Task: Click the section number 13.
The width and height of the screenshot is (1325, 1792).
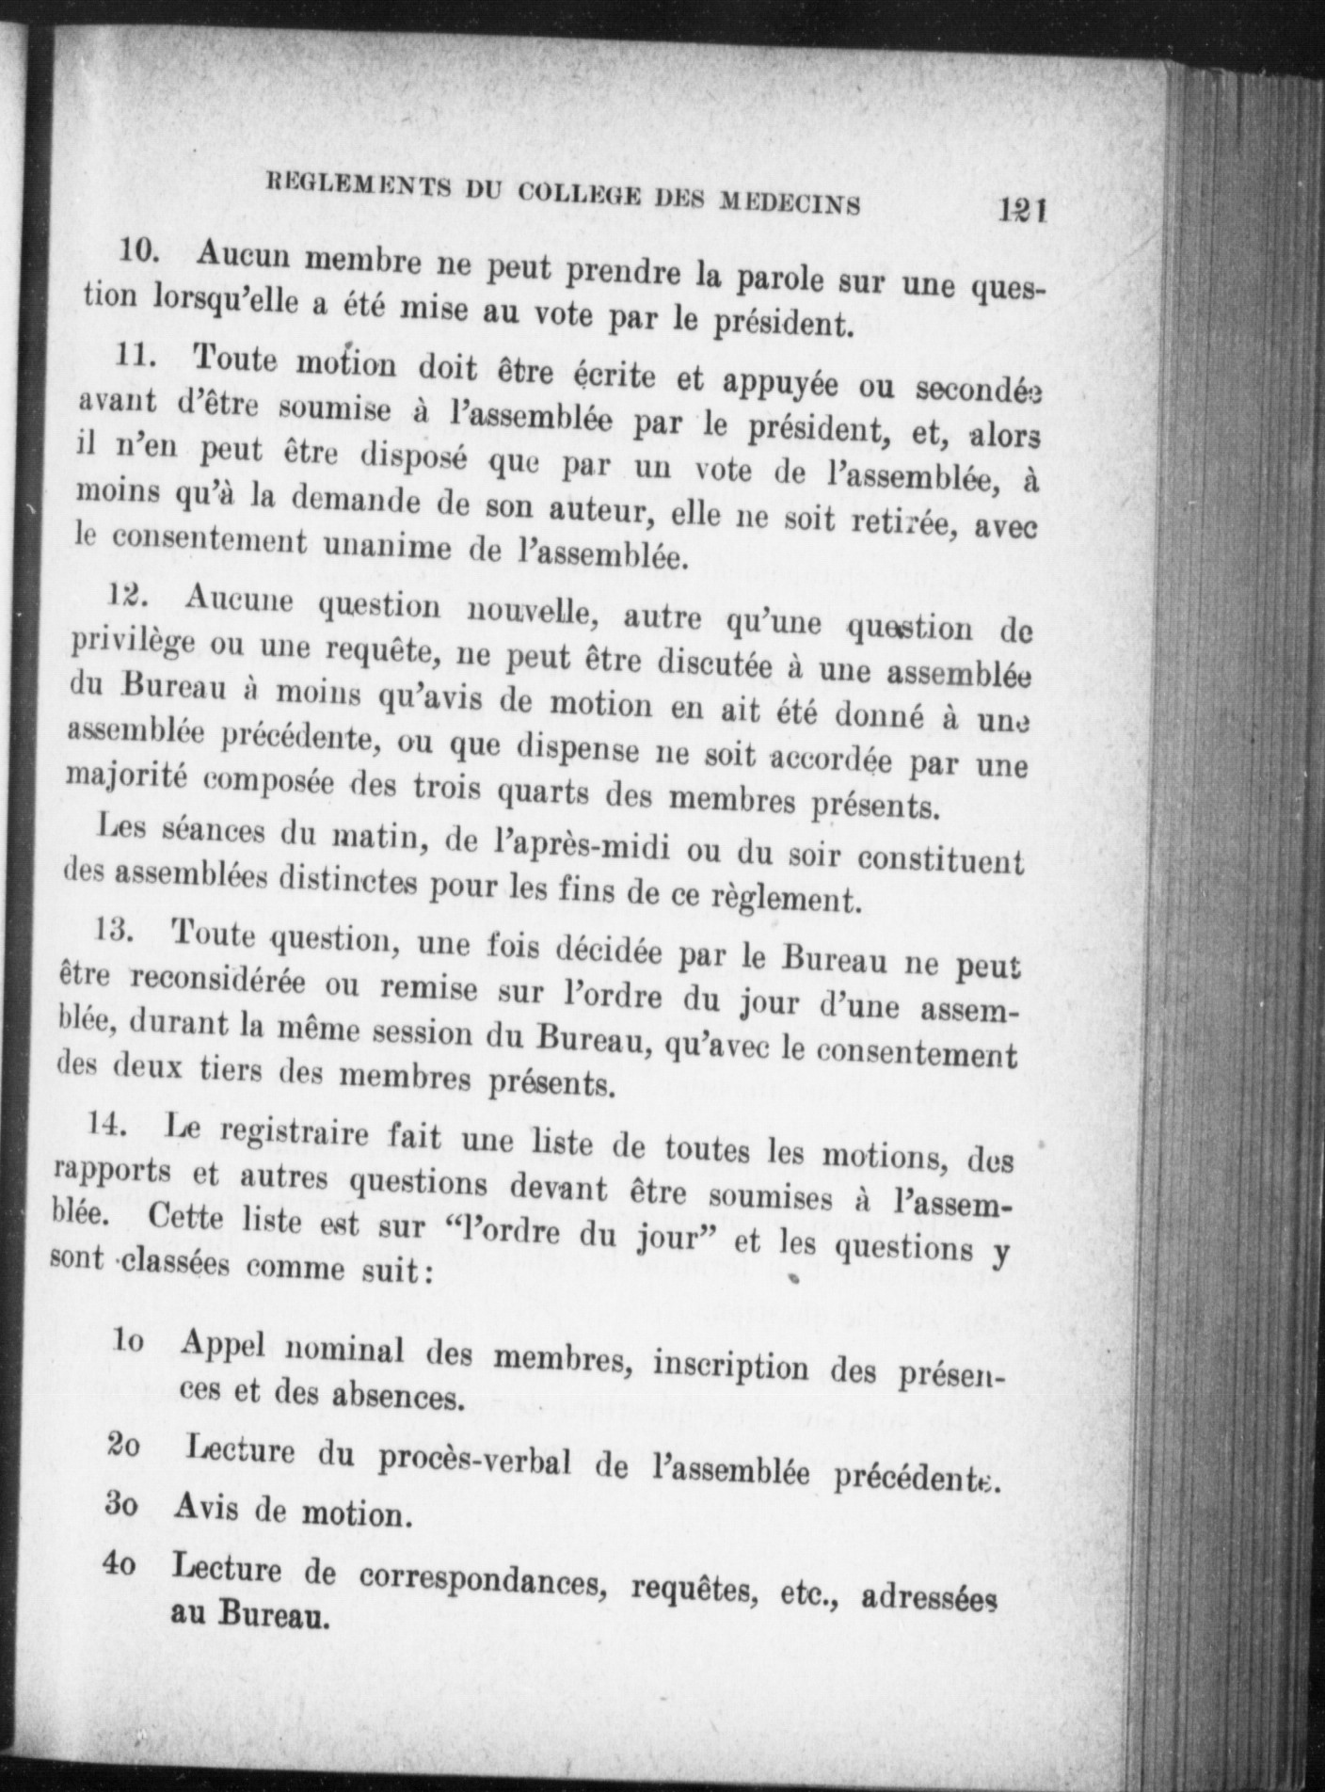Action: point(117,930)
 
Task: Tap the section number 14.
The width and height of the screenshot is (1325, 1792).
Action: point(109,1123)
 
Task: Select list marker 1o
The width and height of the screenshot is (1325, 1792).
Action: point(129,1341)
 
